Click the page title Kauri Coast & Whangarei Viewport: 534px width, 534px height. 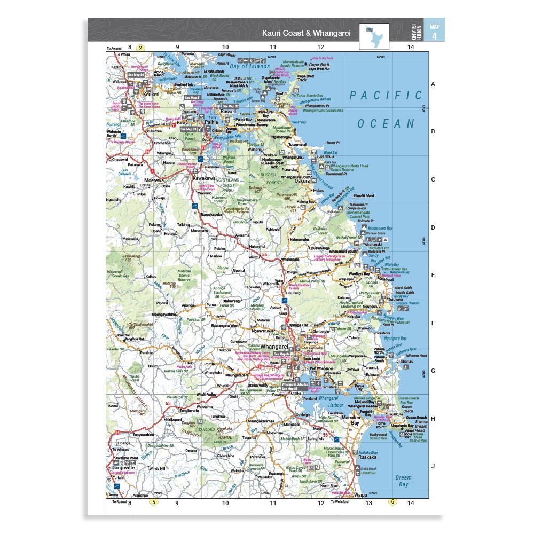[x=305, y=33]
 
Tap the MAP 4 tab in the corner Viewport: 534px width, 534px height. [x=434, y=32]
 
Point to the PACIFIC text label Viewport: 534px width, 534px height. [x=386, y=96]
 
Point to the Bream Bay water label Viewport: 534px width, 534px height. [x=404, y=481]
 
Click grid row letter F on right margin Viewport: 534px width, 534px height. [x=433, y=323]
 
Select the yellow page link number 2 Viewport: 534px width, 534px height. [x=140, y=48]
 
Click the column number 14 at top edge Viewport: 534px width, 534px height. [x=410, y=47]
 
